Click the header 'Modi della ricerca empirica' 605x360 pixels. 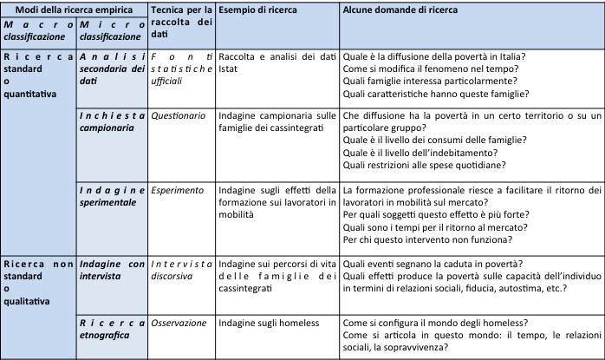[74, 10]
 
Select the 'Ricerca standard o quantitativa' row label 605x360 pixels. [37, 74]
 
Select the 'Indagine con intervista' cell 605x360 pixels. [112, 269]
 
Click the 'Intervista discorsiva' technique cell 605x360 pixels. [181, 269]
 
